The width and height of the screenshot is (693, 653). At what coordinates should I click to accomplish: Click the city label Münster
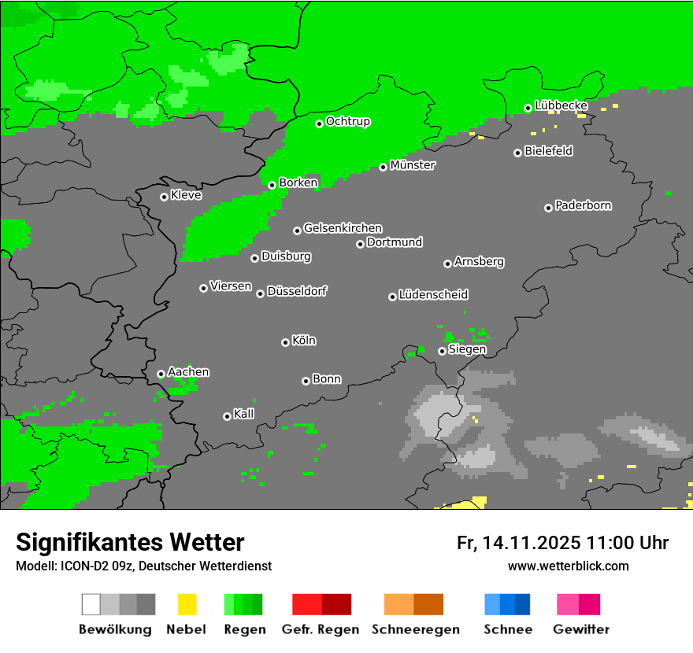coord(413,165)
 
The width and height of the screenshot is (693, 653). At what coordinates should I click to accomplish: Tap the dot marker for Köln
coord(285,342)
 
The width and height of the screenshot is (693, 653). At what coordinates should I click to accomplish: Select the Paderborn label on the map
coord(583,205)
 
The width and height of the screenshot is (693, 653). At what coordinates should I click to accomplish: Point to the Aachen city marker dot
coord(161,374)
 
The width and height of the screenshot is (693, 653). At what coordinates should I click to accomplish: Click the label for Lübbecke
coord(561,105)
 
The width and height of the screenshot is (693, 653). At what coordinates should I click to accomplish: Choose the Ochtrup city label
coord(348,122)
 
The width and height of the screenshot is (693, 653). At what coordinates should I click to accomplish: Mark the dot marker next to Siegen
coord(442,351)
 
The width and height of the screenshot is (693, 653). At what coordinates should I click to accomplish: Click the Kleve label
coord(186,195)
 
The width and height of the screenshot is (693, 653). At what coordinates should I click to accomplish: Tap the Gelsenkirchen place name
coord(343,228)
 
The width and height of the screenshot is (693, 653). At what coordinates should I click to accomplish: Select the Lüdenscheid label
coord(433,295)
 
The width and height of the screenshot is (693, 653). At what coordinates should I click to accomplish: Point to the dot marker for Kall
coord(227,416)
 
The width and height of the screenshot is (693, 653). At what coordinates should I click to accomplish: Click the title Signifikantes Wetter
coord(130,542)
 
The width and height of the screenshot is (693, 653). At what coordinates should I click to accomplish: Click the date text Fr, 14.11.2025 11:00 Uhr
coord(562,543)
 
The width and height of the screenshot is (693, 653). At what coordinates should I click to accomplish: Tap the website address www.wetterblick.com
coord(568,566)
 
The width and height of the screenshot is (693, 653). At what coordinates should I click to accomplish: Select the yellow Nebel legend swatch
coord(187,604)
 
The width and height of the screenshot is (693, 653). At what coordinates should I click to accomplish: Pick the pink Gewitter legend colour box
coord(578,604)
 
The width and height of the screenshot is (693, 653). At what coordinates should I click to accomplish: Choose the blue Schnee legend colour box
coord(507,604)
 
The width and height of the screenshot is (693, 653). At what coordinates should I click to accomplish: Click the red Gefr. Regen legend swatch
coord(321,604)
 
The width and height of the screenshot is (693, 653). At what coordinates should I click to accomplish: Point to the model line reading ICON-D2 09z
coord(143,566)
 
